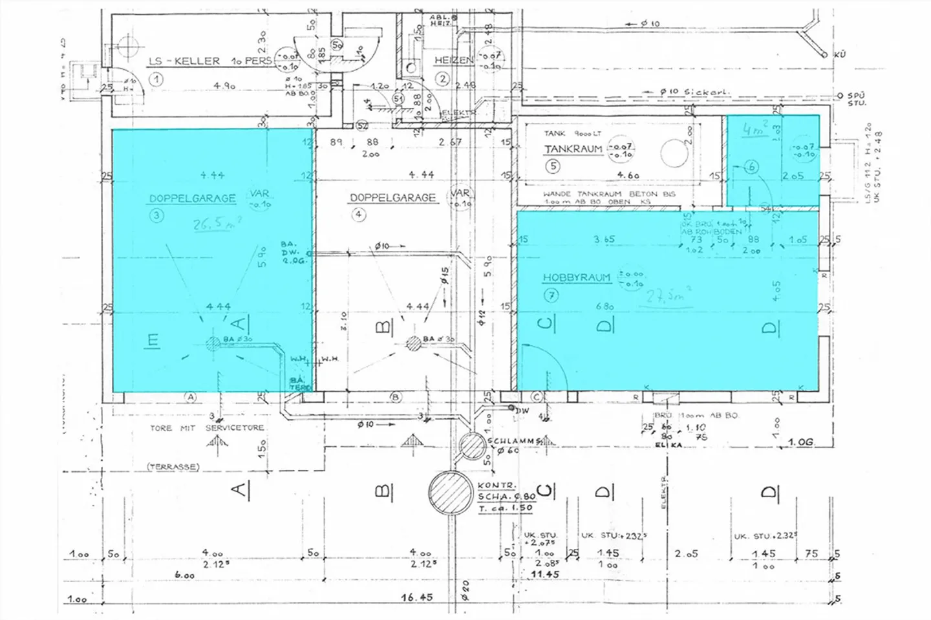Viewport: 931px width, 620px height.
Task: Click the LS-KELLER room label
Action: point(184,61)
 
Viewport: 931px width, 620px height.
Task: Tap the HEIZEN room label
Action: point(453,60)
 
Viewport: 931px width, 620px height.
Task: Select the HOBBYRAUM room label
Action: point(576,277)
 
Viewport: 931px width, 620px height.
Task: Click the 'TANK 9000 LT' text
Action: point(572,133)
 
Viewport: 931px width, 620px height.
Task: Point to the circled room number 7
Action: point(551,296)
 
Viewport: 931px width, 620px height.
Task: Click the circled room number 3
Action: point(156,215)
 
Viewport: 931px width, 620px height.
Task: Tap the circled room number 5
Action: point(552,166)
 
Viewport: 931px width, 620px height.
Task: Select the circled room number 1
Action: point(156,80)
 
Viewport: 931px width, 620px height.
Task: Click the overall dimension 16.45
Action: point(416,597)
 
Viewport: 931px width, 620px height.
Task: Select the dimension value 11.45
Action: point(544,574)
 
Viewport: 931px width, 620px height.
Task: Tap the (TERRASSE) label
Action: point(173,466)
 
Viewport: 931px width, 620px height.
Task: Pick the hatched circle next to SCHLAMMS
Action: point(473,445)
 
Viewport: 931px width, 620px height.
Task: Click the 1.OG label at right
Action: point(800,442)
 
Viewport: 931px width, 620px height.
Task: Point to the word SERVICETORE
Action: point(235,428)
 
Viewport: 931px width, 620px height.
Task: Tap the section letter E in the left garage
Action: point(153,341)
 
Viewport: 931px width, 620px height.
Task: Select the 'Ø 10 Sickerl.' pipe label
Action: point(694,92)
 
